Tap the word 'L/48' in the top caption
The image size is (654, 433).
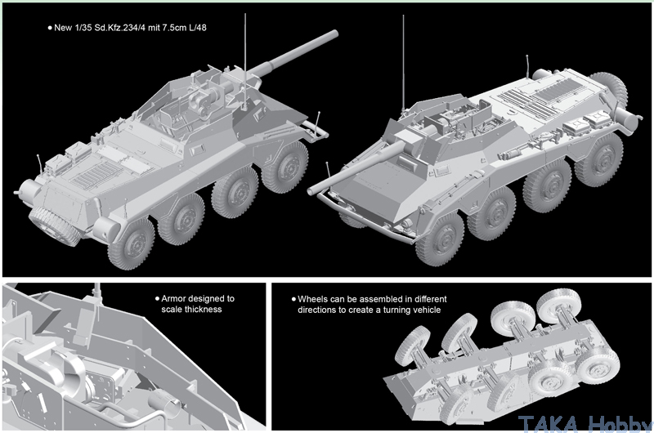pyautogui.click(x=197, y=28)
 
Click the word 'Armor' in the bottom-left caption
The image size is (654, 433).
pyautogui.click(x=172, y=298)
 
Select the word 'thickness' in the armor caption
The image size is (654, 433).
pyautogui.click(x=203, y=309)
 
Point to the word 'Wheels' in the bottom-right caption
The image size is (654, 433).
pyautogui.click(x=312, y=299)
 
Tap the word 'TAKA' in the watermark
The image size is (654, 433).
pyautogui.click(x=548, y=424)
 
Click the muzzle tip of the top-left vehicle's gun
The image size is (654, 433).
pyautogui.click(x=335, y=33)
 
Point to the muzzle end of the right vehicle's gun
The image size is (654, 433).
pyautogui.click(x=311, y=191)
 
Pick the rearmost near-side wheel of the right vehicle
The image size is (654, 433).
pyautogui.click(x=598, y=159)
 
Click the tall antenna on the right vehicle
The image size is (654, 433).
pyautogui.click(x=403, y=64)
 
